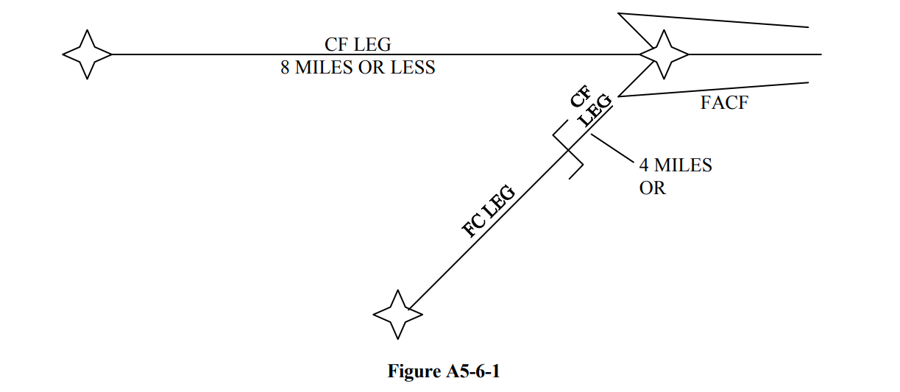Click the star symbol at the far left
tap(87, 54)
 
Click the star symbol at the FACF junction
tap(664, 54)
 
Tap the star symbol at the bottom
tap(398, 315)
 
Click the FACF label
tap(724, 103)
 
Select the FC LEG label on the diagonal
tap(489, 212)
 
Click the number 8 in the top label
tap(286, 68)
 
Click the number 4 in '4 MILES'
tap(644, 165)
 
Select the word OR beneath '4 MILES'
tap(652, 188)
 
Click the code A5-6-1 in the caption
tap(472, 371)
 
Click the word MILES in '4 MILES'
tap(683, 165)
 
